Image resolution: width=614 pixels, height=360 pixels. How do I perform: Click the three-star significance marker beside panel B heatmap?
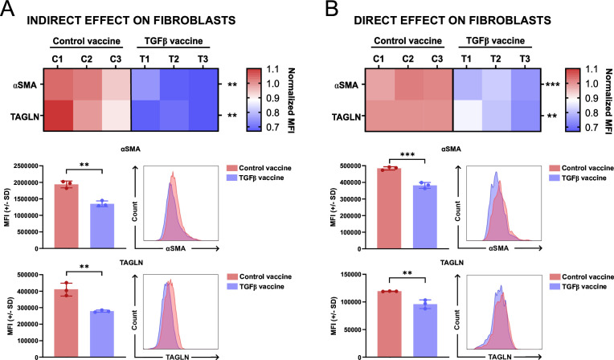coord(551,84)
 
